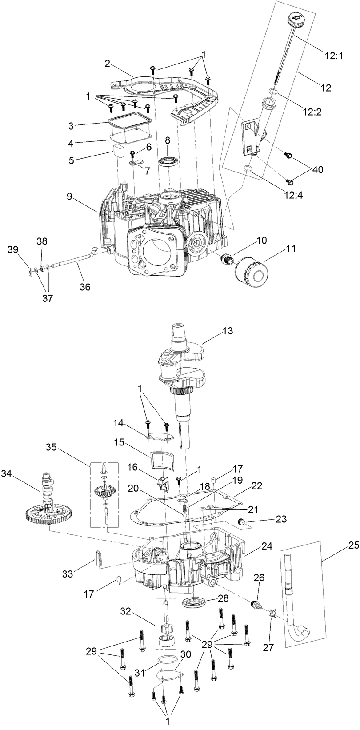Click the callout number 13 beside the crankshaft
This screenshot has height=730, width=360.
pyautogui.click(x=227, y=331)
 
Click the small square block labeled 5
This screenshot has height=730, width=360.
pyautogui.click(x=118, y=151)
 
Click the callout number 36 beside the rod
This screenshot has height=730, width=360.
pyautogui.click(x=84, y=287)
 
